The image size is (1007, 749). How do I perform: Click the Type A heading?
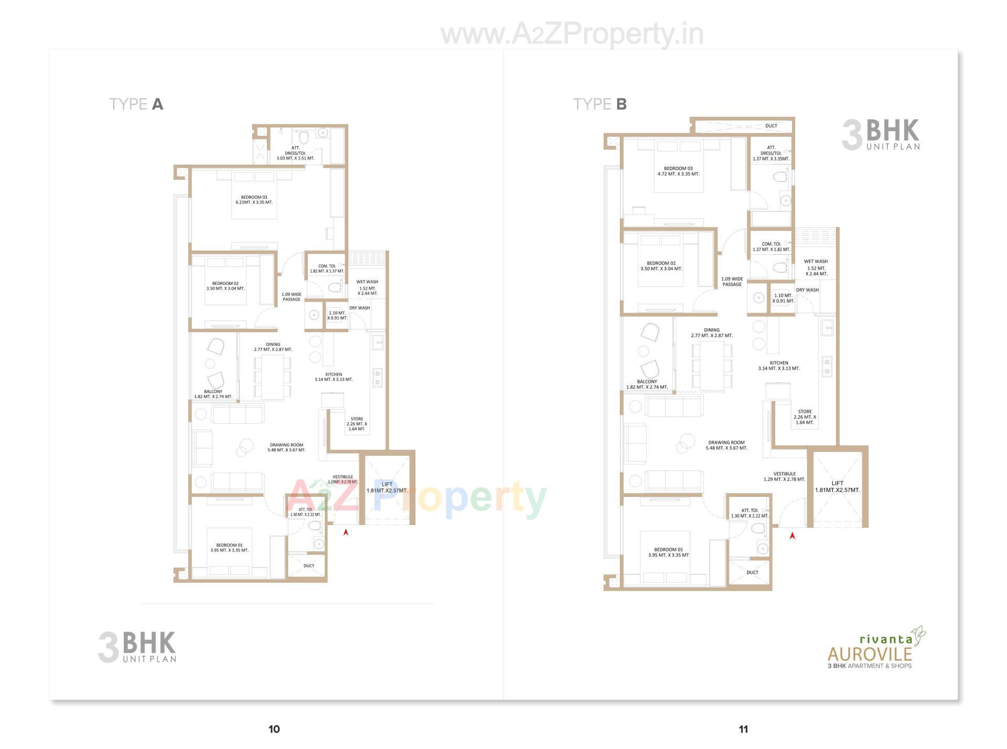click(136, 104)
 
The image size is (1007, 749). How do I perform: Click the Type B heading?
click(599, 104)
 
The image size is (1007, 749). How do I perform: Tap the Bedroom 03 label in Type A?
click(254, 200)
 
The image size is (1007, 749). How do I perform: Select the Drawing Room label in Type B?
click(726, 445)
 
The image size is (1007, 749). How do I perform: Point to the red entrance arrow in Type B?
click(792, 536)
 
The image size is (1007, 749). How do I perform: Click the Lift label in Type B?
click(837, 487)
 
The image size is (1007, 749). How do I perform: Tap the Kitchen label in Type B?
click(779, 366)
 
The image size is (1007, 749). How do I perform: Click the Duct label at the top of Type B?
click(771, 126)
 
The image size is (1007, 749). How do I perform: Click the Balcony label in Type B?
click(647, 384)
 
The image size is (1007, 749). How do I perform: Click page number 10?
click(274, 729)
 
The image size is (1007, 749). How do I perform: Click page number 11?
click(743, 729)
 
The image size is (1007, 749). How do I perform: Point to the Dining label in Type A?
click(273, 347)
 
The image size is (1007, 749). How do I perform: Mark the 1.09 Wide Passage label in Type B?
click(732, 282)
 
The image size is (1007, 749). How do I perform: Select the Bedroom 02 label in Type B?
click(661, 266)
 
